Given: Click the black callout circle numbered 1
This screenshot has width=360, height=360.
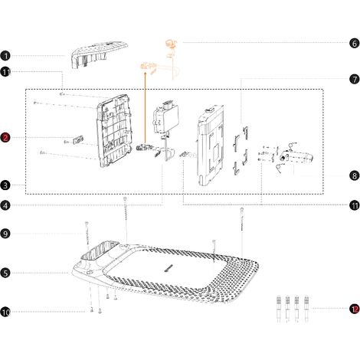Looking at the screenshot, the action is tap(5, 56).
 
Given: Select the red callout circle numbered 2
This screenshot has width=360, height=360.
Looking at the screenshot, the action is tap(5, 138).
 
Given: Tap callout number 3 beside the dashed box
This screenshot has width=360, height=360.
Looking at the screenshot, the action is tap(5, 185).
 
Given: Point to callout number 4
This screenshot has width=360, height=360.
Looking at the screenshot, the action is tap(5, 205).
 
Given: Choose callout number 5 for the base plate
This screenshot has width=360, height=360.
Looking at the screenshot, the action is tap(5, 273).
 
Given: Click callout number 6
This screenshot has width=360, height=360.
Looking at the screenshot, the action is tap(355, 43).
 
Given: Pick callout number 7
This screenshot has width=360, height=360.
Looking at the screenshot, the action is tap(355, 80).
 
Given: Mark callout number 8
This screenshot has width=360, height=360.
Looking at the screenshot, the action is tap(355, 175).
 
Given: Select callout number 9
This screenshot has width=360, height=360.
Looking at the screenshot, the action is tap(5, 234).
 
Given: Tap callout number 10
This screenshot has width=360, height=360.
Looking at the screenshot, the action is tap(5, 312).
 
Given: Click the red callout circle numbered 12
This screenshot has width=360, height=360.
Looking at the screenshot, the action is tap(355, 309).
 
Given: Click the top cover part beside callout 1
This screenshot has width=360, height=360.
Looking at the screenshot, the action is tap(99, 54).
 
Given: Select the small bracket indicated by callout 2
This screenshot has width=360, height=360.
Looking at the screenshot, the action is tap(78, 140).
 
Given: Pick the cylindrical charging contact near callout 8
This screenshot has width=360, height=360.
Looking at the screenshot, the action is tap(296, 156).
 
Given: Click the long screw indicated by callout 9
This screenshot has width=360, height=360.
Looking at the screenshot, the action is tap(87, 234).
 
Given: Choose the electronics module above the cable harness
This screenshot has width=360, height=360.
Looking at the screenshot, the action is tap(165, 117).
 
